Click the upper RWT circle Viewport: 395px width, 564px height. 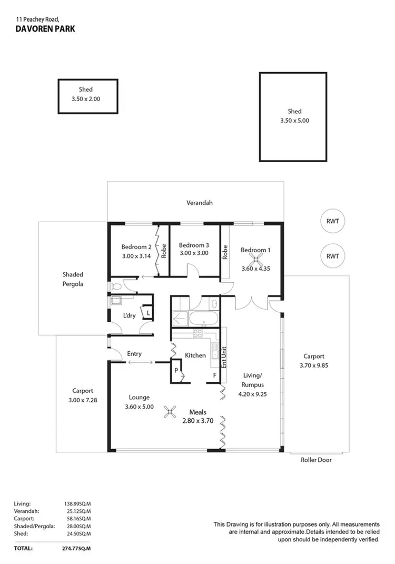coord(332,221)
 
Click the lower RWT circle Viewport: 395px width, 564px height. coord(332,256)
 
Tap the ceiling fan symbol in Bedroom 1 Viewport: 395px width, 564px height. coord(256,258)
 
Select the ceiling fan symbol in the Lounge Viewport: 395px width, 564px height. coord(170,412)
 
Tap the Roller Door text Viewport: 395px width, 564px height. coord(316,460)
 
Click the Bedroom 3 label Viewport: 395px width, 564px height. coord(194,245)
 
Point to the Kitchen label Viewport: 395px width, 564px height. coord(195,355)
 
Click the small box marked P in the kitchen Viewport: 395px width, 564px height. coord(176,371)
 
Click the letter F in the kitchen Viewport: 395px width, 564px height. coord(214,375)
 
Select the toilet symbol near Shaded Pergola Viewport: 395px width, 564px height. coord(117,287)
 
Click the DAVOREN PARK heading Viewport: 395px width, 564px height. coord(45,29)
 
